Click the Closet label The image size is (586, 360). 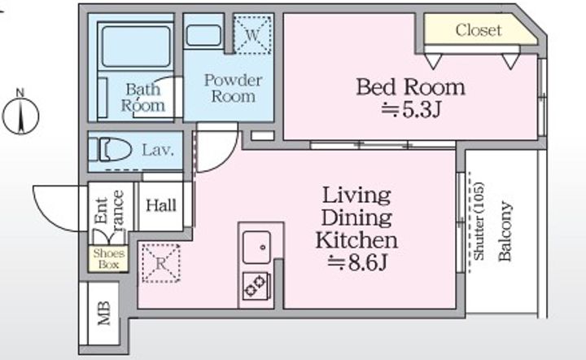tap(479, 30)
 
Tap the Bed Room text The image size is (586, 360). tap(410, 87)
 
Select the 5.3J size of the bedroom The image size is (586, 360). tap(411, 109)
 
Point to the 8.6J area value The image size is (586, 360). tap(357, 263)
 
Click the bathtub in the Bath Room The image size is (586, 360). tap(136, 46)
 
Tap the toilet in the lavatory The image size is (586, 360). tap(110, 150)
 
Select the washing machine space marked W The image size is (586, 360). tap(252, 34)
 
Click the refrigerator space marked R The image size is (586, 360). tap(160, 263)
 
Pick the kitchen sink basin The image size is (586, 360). tap(256, 247)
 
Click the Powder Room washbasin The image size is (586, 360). tap(203, 36)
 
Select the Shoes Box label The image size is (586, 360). tap(108, 259)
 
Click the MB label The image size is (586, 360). tap(104, 313)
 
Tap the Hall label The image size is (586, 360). tap(161, 205)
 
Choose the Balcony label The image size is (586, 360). tap(505, 231)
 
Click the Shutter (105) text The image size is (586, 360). tap(479, 221)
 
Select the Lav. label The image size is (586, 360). tap(158, 151)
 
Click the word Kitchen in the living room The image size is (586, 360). tap(357, 240)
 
